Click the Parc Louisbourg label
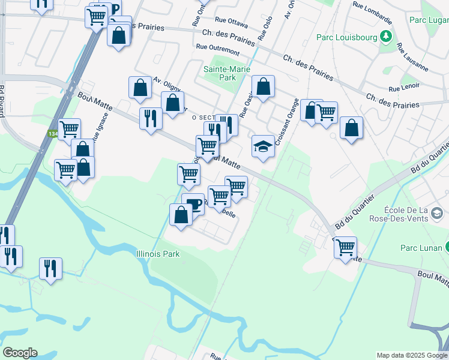(347, 38)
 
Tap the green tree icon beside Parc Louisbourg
(385, 37)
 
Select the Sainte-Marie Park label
(219, 73)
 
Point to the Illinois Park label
(158, 254)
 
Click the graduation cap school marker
(262, 146)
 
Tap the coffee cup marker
(193, 204)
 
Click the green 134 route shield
(53, 133)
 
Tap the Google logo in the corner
(20, 353)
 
